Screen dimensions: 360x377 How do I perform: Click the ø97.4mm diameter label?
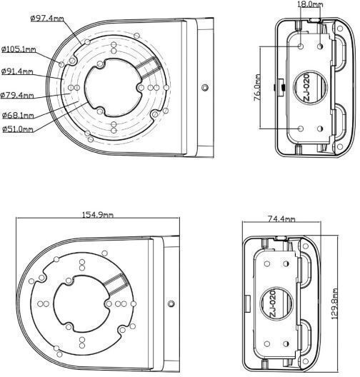click(47, 19)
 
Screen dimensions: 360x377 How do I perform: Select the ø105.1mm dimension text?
click(19, 49)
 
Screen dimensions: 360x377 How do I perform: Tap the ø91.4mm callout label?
click(17, 71)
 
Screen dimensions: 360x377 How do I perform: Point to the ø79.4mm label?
click(17, 95)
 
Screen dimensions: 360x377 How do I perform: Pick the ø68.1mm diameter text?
click(18, 116)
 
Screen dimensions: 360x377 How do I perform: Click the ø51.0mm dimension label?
click(18, 129)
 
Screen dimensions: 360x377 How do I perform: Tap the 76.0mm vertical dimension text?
click(257, 88)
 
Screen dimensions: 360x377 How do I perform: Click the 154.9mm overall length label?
click(98, 214)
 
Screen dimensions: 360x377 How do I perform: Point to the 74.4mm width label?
click(281, 218)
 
